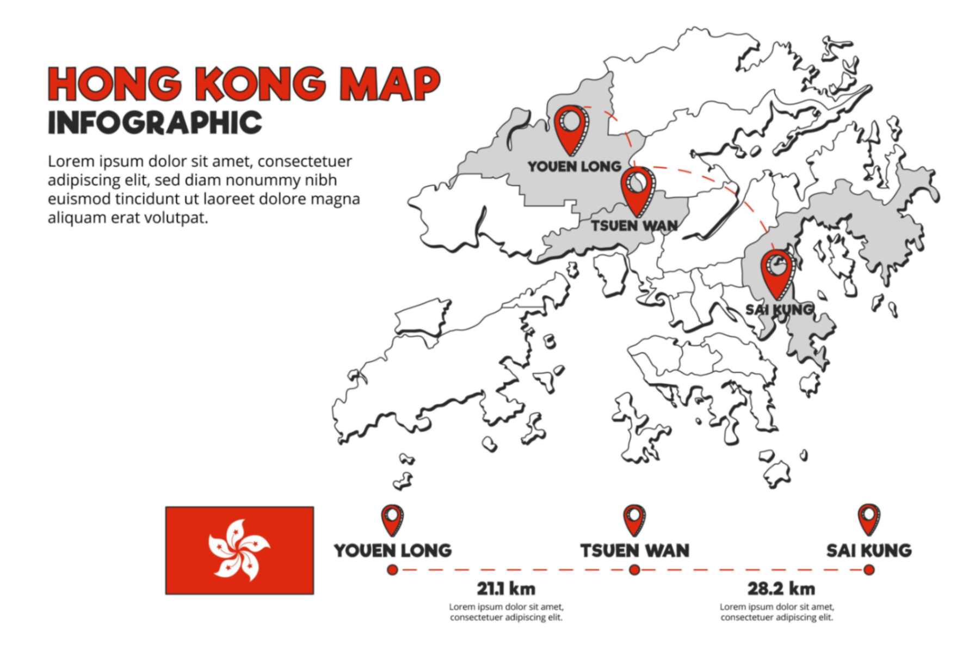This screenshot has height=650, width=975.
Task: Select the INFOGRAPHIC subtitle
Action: (x=155, y=122)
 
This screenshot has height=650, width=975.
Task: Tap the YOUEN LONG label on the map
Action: (x=575, y=166)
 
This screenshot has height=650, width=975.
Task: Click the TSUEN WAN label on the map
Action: (x=634, y=225)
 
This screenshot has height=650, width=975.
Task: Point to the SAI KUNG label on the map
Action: (x=779, y=309)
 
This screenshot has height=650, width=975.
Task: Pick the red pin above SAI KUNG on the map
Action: (x=776, y=272)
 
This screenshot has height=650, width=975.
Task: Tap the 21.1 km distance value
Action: (x=506, y=588)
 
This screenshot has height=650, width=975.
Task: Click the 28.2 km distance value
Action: (x=781, y=588)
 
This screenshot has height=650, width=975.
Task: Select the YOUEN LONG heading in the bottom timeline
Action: (x=393, y=550)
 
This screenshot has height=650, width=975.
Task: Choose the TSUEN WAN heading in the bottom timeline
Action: (x=634, y=550)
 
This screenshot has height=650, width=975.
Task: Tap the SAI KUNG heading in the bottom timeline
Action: (x=869, y=550)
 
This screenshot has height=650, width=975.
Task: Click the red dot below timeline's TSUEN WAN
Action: (x=634, y=570)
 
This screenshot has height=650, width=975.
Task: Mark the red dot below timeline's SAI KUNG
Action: (x=869, y=570)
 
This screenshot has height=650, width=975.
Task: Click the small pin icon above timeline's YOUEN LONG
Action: (x=392, y=519)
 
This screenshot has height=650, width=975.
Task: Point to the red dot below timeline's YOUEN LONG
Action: (x=392, y=570)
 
